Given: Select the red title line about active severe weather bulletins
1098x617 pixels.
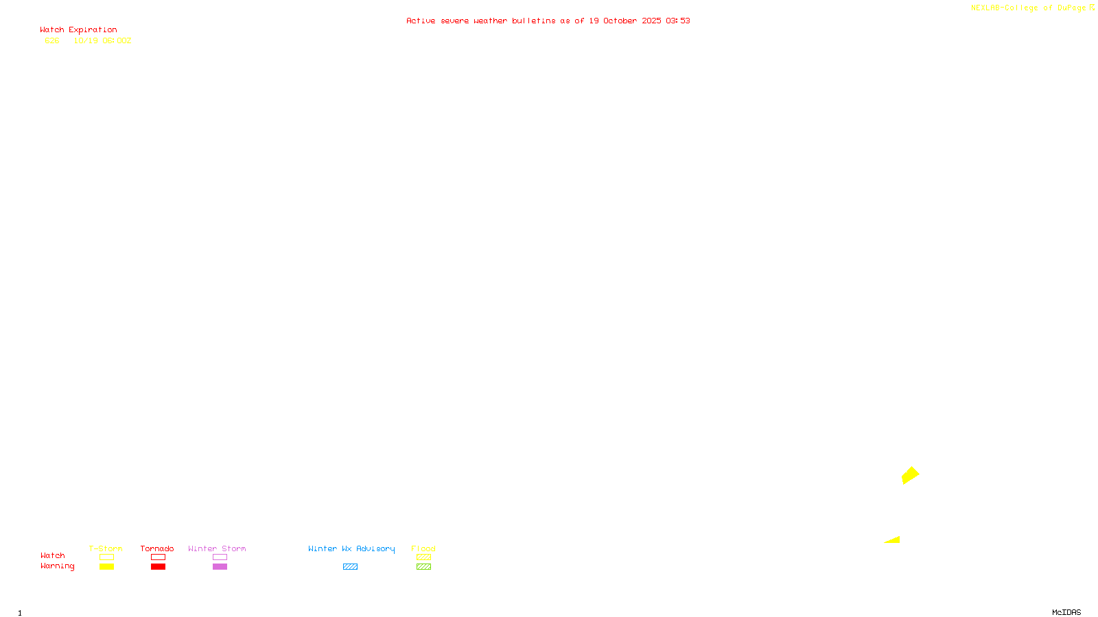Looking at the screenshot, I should pos(548,21).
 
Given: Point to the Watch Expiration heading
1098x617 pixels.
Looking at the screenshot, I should pos(78,30).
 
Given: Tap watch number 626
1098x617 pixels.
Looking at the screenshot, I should pos(52,40).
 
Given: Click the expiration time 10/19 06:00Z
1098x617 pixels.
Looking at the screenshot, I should pos(102,40).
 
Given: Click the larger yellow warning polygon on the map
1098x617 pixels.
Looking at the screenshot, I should pos(910,475).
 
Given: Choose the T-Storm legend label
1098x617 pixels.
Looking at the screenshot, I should pos(106,548).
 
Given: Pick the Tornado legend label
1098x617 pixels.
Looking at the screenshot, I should pos(157,548).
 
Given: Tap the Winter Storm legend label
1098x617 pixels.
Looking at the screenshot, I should pos(217,548).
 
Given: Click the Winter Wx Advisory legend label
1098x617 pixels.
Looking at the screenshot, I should pos(351,548).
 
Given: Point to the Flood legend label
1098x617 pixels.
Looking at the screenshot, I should pos(423,548).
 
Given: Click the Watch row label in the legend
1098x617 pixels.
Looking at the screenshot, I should pos(53,555).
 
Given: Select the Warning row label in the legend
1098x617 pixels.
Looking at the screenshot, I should pos(58,566).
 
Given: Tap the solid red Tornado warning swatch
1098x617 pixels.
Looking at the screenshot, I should pos(158,567).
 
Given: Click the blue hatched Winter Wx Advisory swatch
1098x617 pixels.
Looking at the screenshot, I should pos(350,567).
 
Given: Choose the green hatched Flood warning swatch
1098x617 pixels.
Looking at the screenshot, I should pos(423,567).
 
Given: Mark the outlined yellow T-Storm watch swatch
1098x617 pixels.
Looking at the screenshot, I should pos(106,557).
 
